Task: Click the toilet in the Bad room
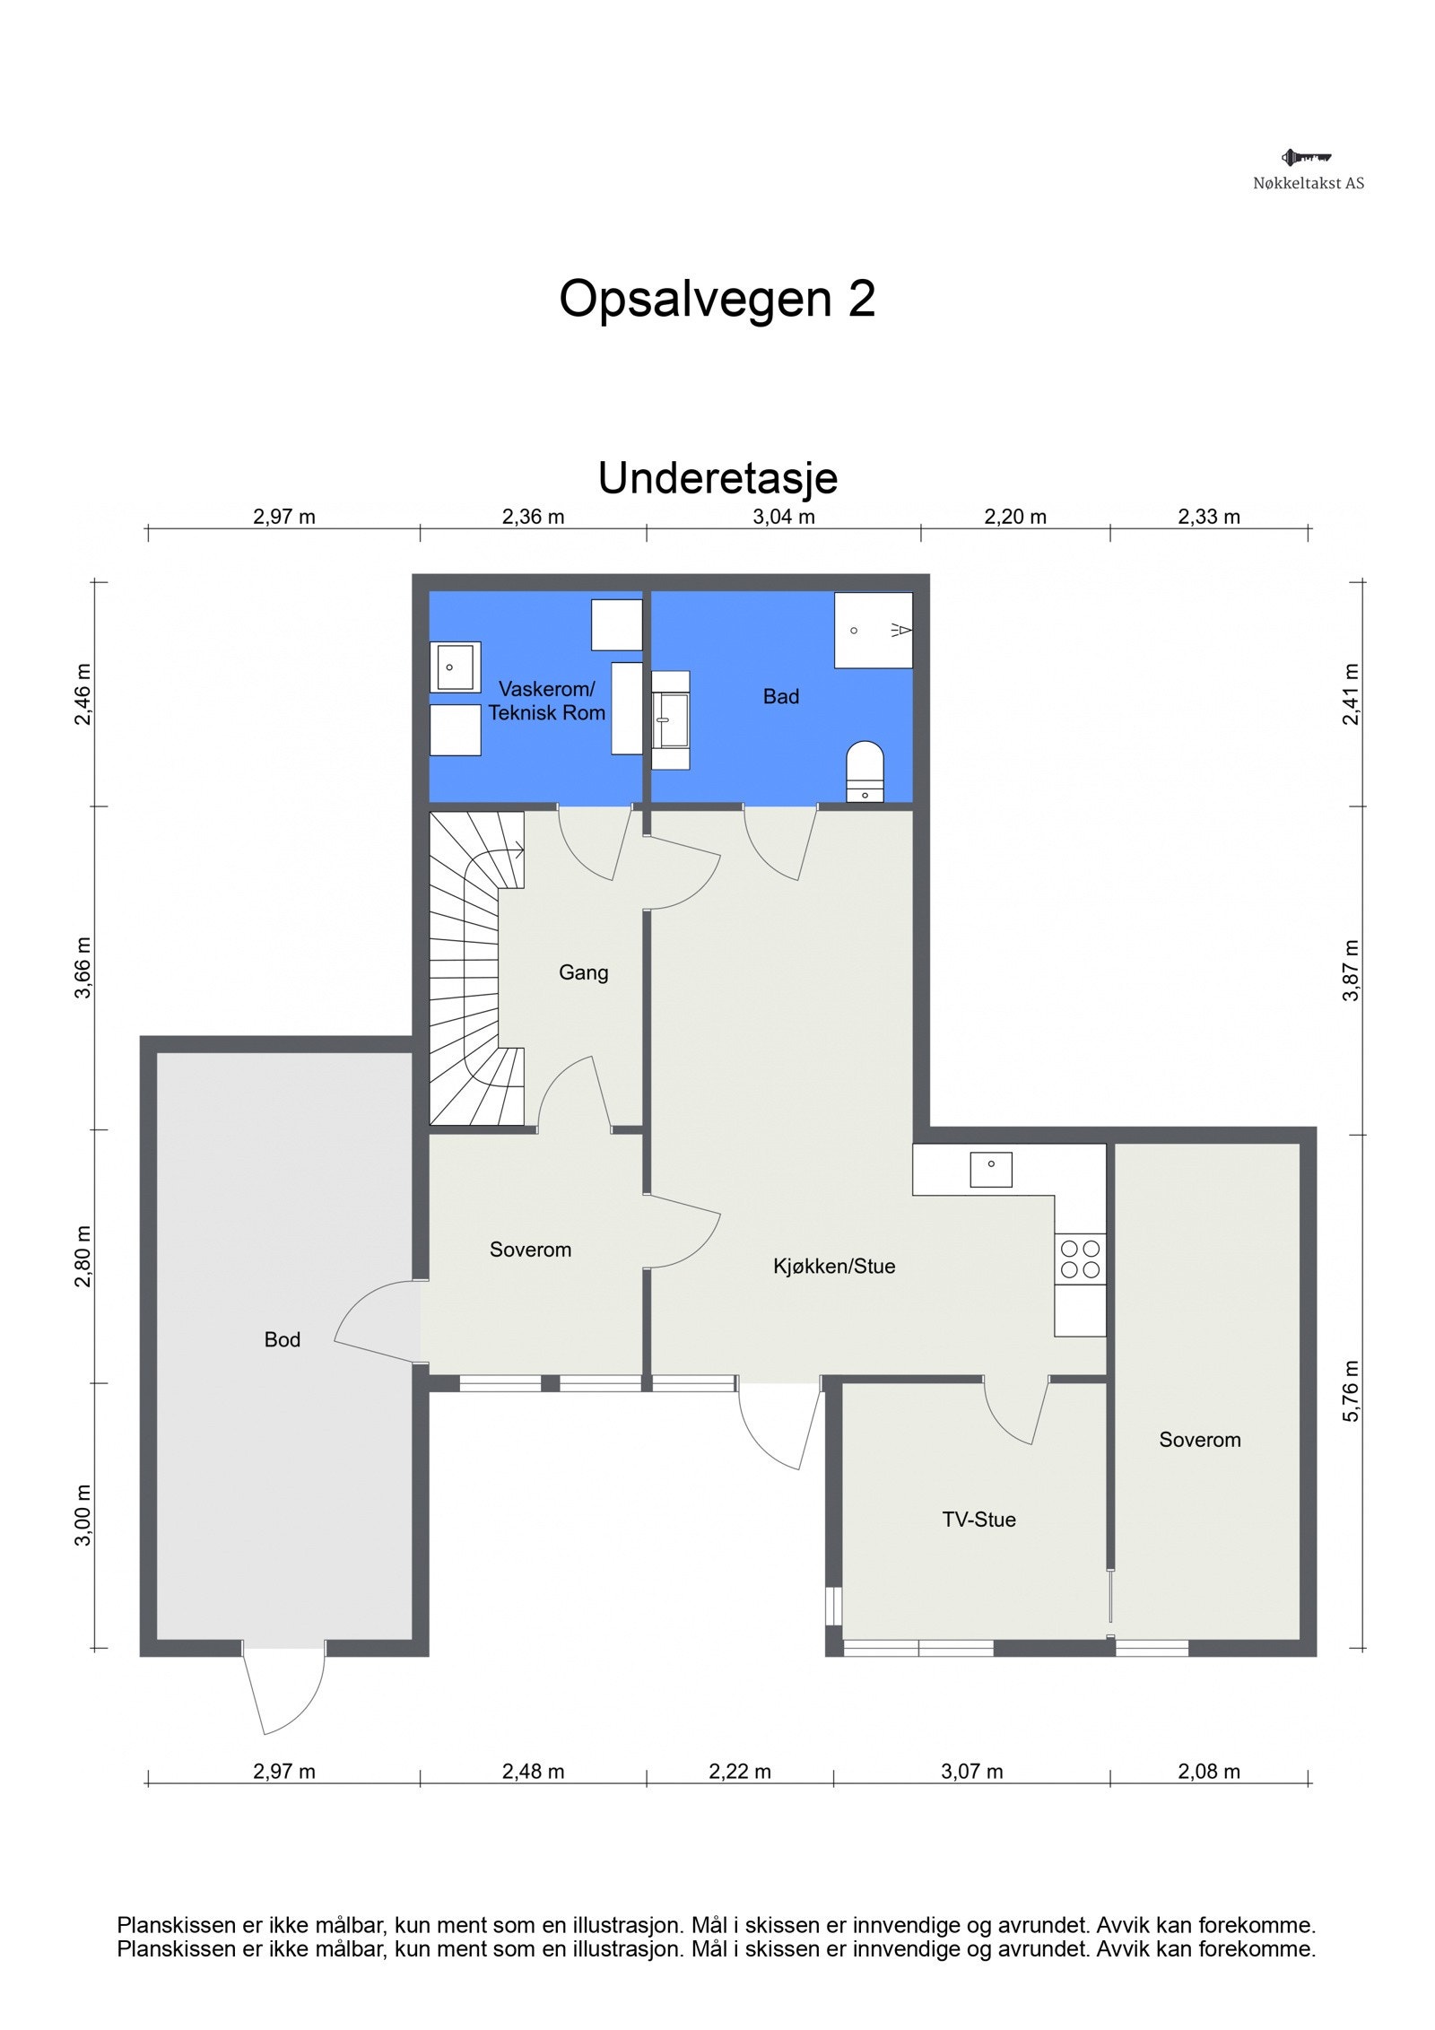point(865,770)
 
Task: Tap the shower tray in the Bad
point(873,630)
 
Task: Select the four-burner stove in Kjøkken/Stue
point(1080,1259)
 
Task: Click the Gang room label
point(583,972)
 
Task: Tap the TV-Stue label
point(978,1520)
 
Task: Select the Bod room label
point(282,1339)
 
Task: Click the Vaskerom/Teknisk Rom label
point(546,701)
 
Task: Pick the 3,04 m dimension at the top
point(783,517)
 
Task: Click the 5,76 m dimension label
point(1351,1391)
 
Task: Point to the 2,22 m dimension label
point(739,1772)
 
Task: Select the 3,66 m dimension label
point(83,968)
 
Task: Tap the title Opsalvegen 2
point(717,299)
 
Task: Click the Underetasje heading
point(717,478)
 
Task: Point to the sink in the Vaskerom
point(455,667)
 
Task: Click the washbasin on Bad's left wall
point(671,719)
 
